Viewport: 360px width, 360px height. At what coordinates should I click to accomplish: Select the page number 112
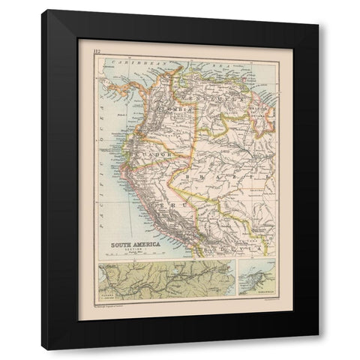(x=97, y=52)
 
